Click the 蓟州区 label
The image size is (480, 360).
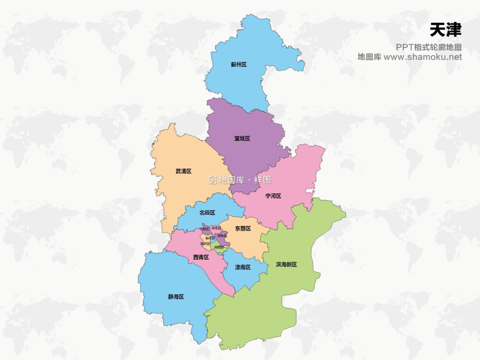tap(239, 65)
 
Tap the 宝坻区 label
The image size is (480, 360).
tap(242, 139)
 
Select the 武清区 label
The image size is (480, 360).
tap(183, 171)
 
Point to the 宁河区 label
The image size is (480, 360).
tap(273, 196)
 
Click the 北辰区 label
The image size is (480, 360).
tap(207, 213)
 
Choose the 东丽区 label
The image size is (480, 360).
tap(243, 228)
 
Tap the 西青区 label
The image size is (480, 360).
tap(201, 257)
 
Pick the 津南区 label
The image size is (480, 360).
tap(243, 267)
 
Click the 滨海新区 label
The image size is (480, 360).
tap(286, 265)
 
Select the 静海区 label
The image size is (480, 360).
tap(176, 297)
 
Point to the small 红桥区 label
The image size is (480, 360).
tap(204, 229)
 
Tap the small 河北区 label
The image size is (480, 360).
tap(216, 228)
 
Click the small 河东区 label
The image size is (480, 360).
tap(222, 236)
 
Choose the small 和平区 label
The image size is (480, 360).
tap(210, 238)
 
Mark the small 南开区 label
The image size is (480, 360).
tap(205, 244)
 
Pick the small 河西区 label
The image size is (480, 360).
tap(219, 247)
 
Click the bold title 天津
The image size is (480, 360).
tap(445, 30)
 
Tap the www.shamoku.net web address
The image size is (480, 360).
tap(422, 57)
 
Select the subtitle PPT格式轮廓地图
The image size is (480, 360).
tap(428, 47)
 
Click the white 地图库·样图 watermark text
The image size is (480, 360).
tap(240, 180)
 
